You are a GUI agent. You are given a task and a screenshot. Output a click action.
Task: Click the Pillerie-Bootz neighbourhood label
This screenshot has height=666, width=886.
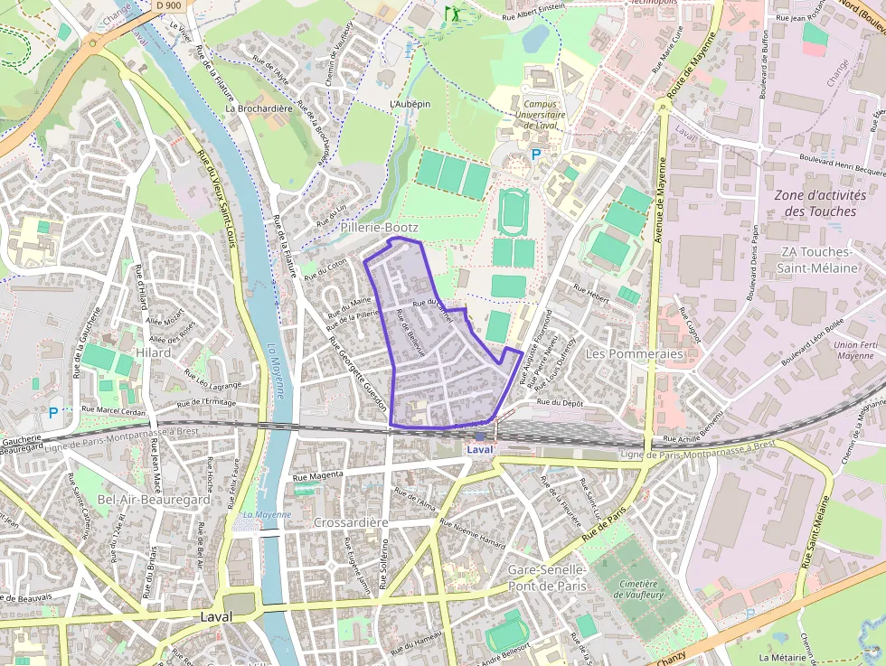point(380,229)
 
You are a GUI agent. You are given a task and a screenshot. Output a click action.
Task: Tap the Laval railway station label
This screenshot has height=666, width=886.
point(480,449)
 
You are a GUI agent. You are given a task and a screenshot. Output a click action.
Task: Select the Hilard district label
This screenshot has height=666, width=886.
point(153,352)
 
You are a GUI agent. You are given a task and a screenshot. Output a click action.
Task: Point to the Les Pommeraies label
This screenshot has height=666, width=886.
point(634,353)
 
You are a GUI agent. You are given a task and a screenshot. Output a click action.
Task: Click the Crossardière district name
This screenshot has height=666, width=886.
point(351,522)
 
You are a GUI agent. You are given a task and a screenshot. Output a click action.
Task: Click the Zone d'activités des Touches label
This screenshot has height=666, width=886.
point(820,202)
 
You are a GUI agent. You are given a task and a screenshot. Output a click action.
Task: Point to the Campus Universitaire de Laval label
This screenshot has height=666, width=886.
point(542,115)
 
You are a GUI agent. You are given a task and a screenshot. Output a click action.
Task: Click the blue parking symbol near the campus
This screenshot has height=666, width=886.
point(536,155)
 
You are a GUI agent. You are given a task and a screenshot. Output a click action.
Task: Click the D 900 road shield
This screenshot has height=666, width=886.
point(168,5)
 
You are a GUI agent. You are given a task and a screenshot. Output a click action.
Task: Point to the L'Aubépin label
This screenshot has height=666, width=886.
point(410,104)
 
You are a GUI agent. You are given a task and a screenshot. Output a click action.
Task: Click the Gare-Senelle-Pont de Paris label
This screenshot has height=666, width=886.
point(548,577)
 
